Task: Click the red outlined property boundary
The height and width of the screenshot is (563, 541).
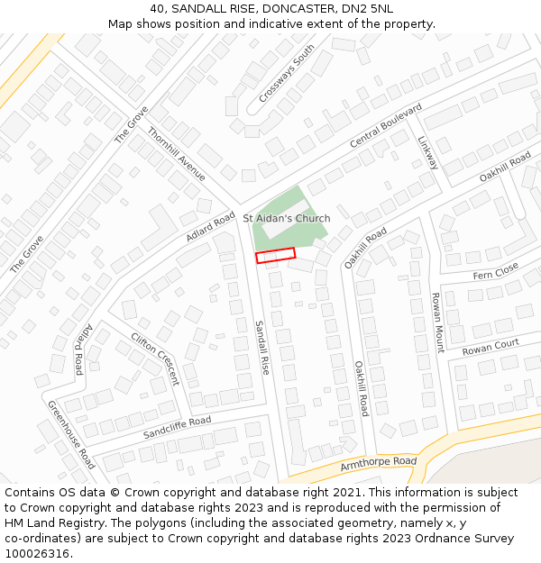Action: point(276,256)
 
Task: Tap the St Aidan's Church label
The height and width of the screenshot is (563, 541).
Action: point(287,218)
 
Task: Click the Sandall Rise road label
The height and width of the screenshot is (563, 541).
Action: point(261,347)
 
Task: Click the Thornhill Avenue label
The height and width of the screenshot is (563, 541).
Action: point(177,154)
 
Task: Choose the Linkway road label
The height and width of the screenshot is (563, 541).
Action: point(427,153)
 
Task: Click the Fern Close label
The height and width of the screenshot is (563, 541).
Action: point(496,270)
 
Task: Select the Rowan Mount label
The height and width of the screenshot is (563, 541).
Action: point(437,322)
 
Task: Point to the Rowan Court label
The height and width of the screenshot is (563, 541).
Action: point(491,347)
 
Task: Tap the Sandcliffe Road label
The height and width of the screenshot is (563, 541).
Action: point(177,428)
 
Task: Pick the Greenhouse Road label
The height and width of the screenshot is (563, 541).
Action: point(71,434)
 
